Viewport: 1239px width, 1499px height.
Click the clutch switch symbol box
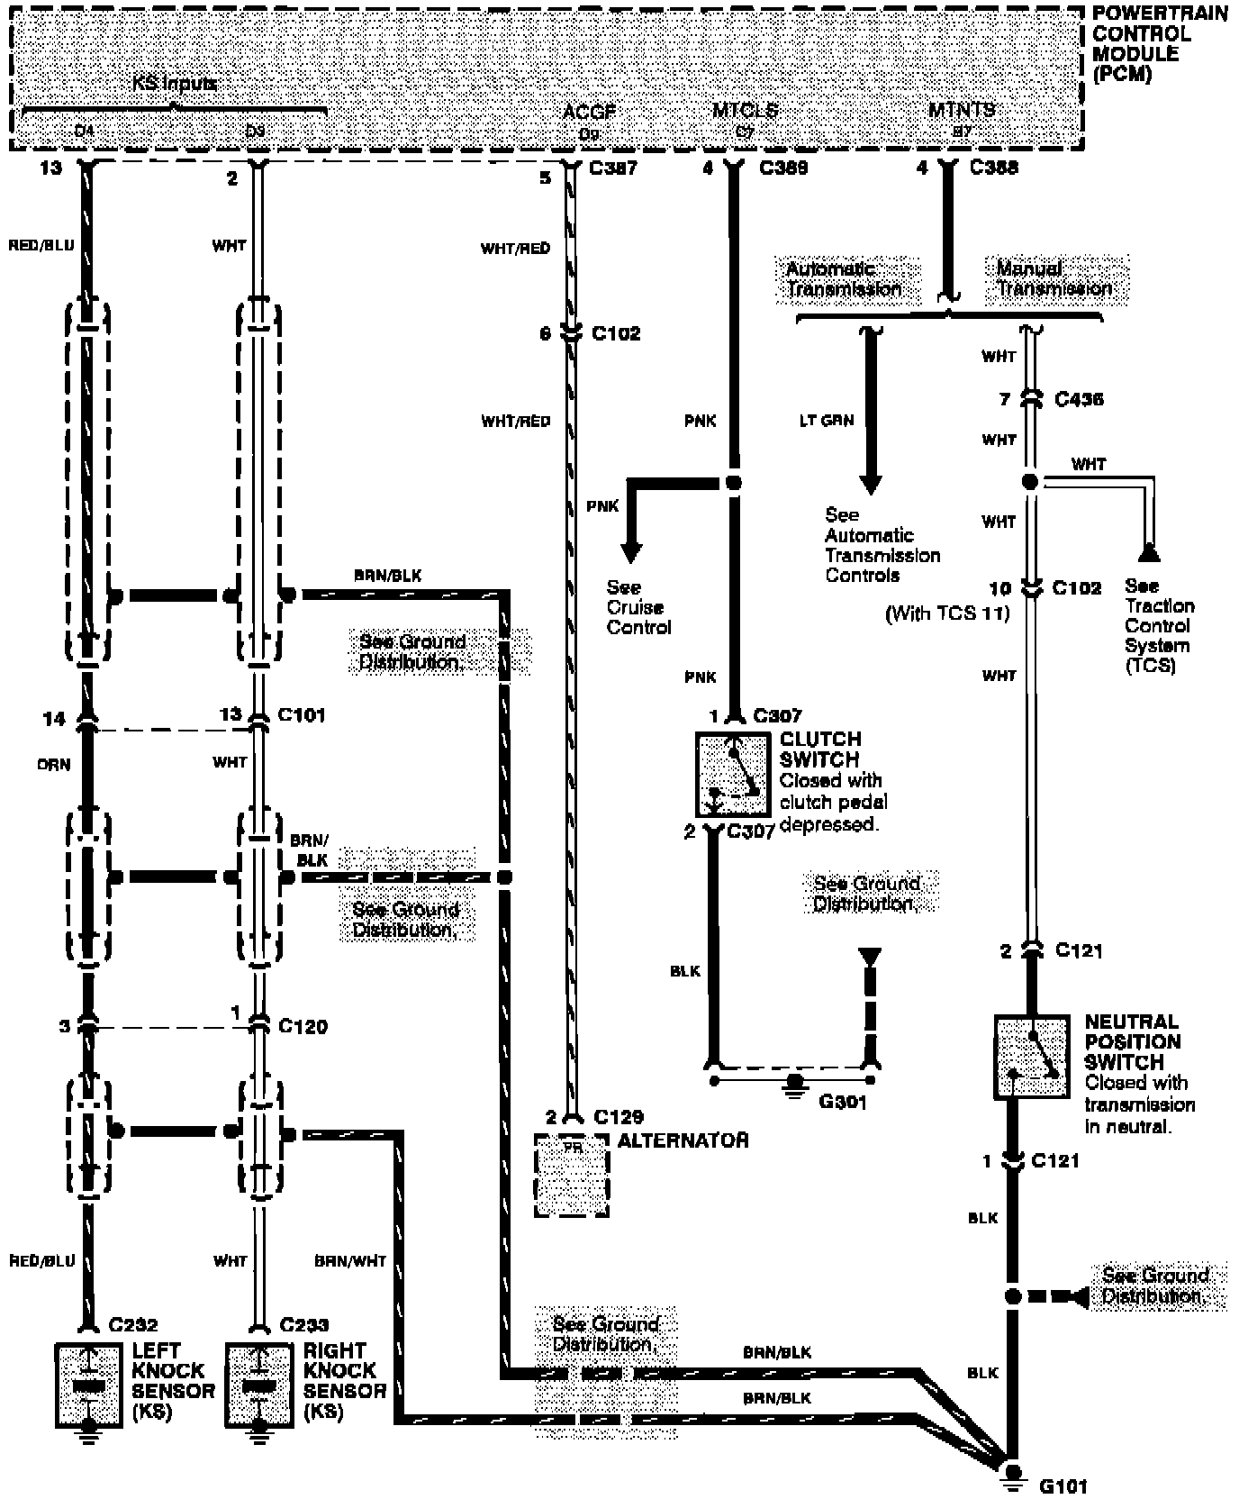[733, 774]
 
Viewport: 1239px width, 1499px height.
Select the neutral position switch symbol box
[1031, 1057]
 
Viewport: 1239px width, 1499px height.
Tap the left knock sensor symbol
[88, 1385]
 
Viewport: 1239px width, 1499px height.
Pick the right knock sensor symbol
[258, 1385]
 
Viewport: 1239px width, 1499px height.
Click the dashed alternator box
[572, 1175]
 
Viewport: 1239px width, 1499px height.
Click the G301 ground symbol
[794, 1081]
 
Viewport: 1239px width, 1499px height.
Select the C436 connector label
[1079, 399]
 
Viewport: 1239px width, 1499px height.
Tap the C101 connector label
[302, 715]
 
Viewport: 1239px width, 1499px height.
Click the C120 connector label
[303, 1026]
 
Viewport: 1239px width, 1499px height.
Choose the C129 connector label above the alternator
[619, 1117]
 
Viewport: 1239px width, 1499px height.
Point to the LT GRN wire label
[826, 421]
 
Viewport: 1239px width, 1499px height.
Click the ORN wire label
[55, 764]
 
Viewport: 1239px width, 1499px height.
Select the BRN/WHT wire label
[350, 1261]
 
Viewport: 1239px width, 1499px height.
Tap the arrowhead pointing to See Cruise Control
[631, 551]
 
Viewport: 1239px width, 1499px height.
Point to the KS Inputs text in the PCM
[174, 84]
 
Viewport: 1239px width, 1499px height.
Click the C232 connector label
[133, 1325]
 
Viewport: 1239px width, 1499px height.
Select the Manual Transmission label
[1054, 277]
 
